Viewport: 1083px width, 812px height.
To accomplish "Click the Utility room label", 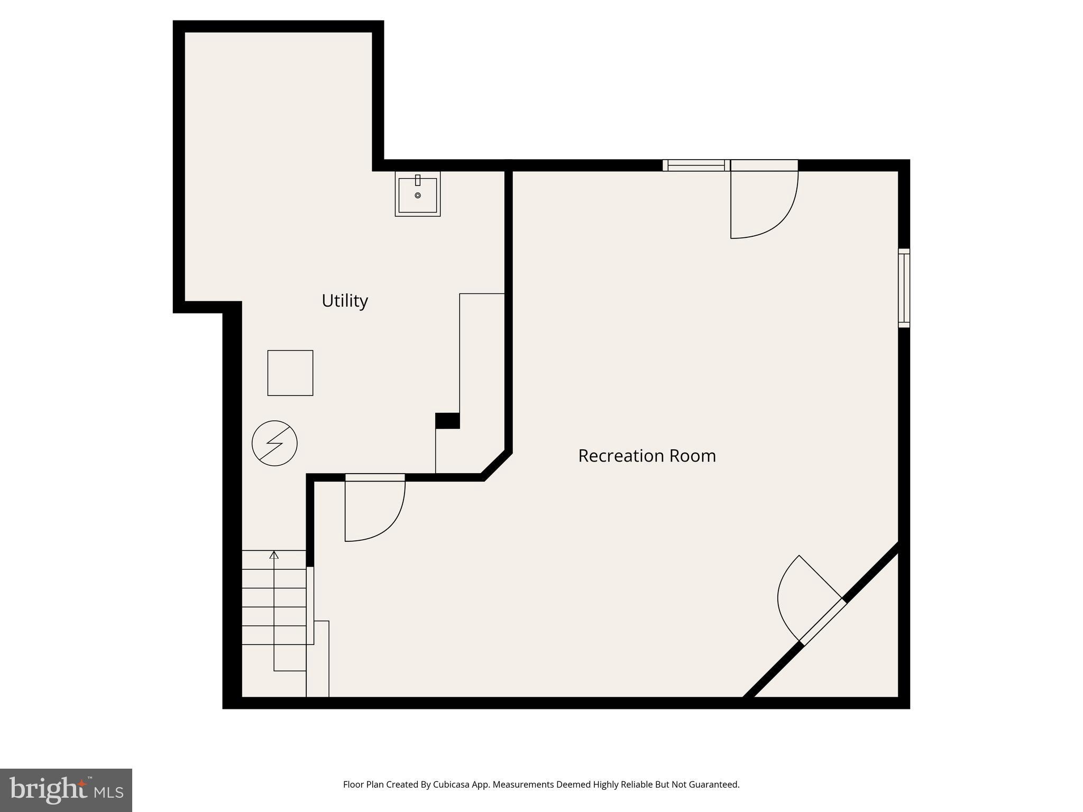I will point(345,301).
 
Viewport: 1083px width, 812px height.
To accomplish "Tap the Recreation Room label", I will point(647,456).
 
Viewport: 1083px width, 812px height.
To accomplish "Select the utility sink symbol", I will point(418,194).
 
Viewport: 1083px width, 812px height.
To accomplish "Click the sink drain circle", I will point(418,196).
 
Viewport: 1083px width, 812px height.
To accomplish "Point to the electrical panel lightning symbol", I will point(274,443).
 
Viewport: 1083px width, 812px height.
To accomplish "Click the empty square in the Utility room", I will point(290,373).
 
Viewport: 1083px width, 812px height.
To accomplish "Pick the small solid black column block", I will point(447,421).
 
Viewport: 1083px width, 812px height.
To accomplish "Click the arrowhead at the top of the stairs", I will point(274,555).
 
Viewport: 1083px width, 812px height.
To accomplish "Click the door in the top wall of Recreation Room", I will point(764,201).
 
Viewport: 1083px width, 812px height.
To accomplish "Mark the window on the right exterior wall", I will point(904,288).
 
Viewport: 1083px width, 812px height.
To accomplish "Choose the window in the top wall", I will point(696,165).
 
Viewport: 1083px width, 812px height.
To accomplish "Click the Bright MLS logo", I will point(66,790).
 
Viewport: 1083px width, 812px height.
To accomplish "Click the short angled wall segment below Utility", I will point(497,465).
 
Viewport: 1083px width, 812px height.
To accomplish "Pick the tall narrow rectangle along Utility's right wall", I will point(482,359).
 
